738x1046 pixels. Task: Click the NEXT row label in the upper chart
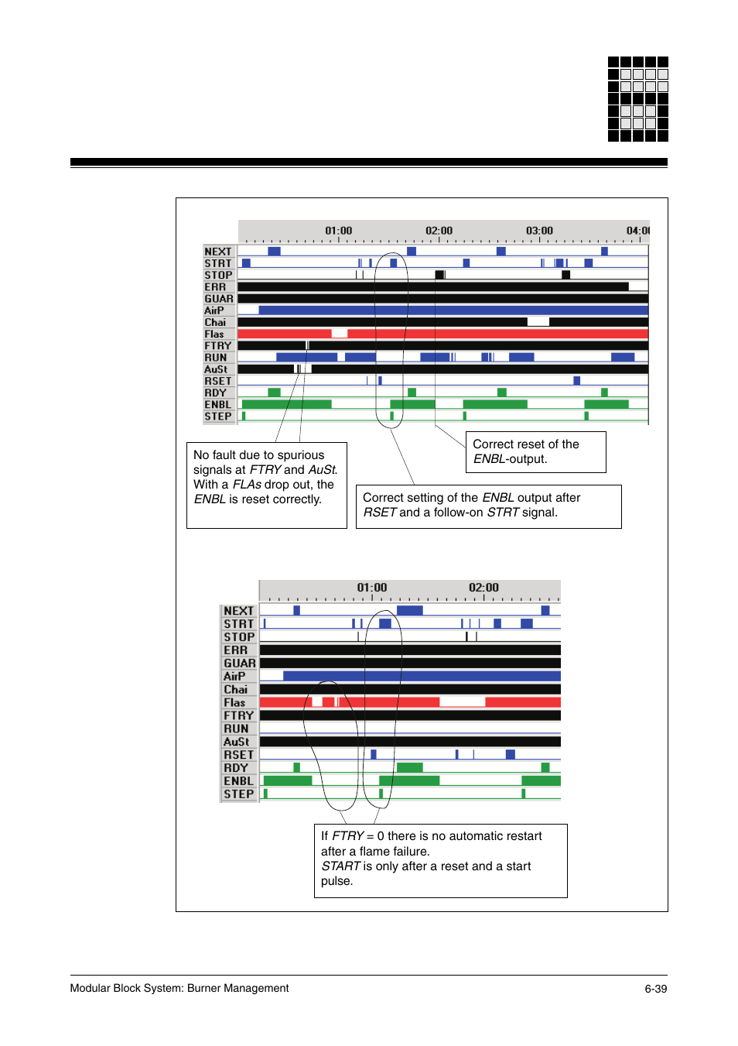pyautogui.click(x=218, y=252)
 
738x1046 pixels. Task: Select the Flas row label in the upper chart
pyautogui.click(x=214, y=334)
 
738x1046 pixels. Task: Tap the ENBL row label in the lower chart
pyautogui.click(x=238, y=781)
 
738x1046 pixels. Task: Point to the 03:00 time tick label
pyautogui.click(x=539, y=231)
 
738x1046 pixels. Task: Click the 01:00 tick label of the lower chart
pyautogui.click(x=371, y=588)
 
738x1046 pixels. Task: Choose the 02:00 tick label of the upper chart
pyautogui.click(x=439, y=231)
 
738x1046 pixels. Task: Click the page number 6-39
pyautogui.click(x=655, y=989)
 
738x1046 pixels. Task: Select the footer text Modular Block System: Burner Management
pyautogui.click(x=179, y=988)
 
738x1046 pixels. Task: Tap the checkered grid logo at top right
pyautogui.click(x=637, y=99)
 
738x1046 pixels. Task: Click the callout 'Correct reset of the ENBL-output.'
pyautogui.click(x=535, y=451)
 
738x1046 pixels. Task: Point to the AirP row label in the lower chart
pyautogui.click(x=234, y=677)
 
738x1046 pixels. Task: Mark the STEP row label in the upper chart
pyautogui.click(x=218, y=417)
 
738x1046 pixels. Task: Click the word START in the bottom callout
pyautogui.click(x=341, y=866)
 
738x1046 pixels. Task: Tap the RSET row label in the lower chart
pyautogui.click(x=238, y=755)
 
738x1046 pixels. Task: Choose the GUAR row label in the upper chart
pyautogui.click(x=219, y=299)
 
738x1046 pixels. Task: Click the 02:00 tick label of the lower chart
pyautogui.click(x=483, y=588)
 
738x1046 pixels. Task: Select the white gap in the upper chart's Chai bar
pyautogui.click(x=538, y=322)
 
